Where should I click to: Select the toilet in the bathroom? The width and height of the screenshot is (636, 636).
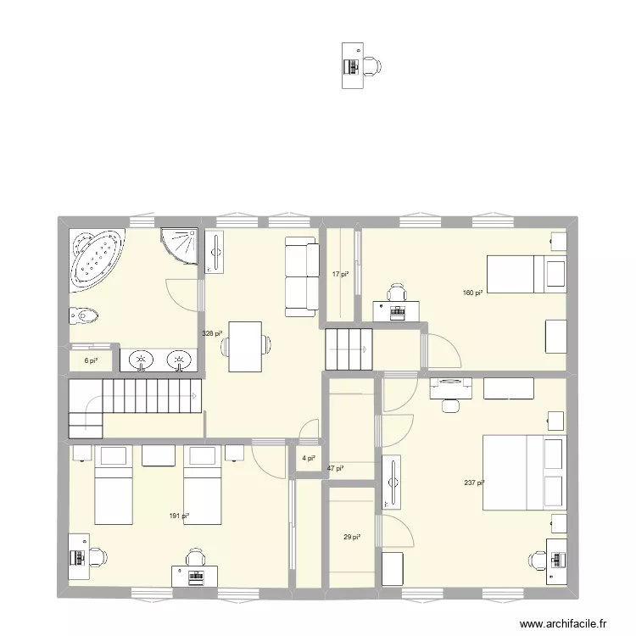coord(83,316)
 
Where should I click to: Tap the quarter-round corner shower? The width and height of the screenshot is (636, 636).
coord(181,244)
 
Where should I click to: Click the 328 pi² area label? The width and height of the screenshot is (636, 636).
coord(210,333)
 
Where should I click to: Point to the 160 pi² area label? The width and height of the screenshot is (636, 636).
coord(472,293)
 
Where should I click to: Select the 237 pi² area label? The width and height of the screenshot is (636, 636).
coord(474,483)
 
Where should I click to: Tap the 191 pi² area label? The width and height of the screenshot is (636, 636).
coord(178,516)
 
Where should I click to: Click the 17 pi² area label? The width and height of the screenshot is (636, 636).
coord(340,274)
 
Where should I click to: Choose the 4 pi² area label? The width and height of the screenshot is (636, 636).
coord(307,459)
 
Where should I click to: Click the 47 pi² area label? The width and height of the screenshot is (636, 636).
coord(336,467)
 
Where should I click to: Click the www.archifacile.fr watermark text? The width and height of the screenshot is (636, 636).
coord(563,623)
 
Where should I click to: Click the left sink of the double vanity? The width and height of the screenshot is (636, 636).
coord(140,360)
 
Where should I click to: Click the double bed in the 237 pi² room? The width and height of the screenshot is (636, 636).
coord(523,472)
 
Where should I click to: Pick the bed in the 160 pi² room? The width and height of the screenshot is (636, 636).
coord(526,274)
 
